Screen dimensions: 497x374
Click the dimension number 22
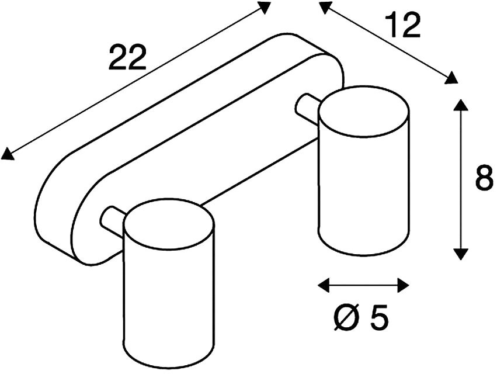click(127, 57)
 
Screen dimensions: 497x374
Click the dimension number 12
click(403, 26)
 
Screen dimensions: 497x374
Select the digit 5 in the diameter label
click(379, 317)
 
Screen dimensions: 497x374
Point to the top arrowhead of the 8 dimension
click(461, 105)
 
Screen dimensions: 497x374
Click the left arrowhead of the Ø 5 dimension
click(324, 285)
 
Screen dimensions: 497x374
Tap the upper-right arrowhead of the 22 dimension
click(264, 7)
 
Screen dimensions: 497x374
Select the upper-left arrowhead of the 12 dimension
click(326, 7)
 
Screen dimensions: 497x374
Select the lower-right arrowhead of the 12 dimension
click(451, 78)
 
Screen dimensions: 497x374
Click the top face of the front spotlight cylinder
click(169, 225)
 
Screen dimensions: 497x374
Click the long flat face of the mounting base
click(203, 153)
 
